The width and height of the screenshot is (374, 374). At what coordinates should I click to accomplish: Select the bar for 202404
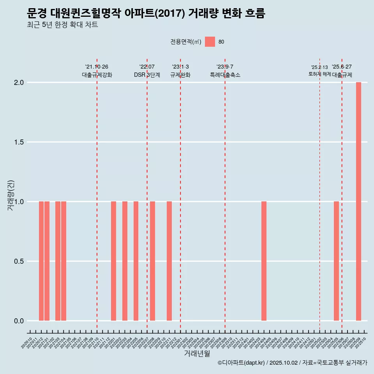click(x=264, y=261)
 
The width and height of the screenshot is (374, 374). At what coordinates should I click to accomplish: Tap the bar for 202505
click(x=336, y=261)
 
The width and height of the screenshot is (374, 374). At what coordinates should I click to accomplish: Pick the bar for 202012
click(x=41, y=261)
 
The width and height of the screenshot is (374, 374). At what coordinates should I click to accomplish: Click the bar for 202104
click(x=64, y=261)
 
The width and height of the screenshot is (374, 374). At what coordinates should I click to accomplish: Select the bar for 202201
click(x=113, y=261)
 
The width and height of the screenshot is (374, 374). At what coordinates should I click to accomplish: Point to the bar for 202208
click(x=152, y=261)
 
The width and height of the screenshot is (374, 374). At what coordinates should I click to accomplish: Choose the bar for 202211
click(x=169, y=261)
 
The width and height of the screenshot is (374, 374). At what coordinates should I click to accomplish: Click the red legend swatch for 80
click(x=210, y=42)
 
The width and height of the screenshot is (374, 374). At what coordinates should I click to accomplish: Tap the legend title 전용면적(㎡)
click(x=186, y=42)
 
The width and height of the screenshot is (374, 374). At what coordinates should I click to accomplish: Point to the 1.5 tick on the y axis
click(x=19, y=142)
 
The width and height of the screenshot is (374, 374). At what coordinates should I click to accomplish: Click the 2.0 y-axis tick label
click(x=19, y=83)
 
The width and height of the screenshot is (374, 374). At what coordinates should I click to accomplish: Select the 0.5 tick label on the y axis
click(x=19, y=261)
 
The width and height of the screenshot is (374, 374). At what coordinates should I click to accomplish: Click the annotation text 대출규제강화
click(x=97, y=75)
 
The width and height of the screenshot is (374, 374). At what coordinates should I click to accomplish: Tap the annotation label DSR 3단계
click(x=147, y=75)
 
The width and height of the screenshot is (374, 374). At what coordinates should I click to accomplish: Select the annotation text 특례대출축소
click(x=225, y=75)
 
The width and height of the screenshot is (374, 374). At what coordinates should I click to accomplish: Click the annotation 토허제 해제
click(x=319, y=74)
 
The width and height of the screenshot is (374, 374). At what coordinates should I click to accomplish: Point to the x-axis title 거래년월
click(x=197, y=354)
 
